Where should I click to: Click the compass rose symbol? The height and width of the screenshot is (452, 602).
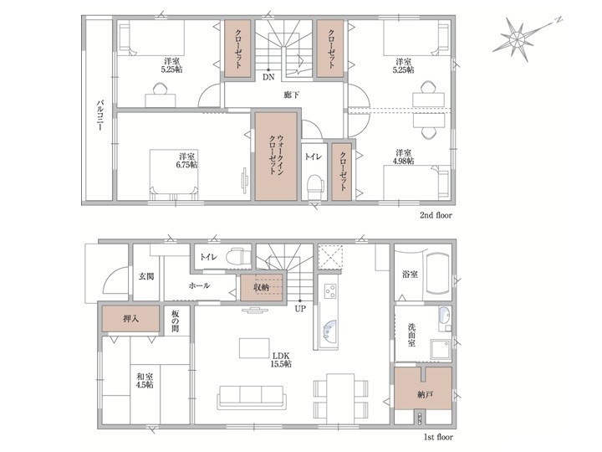[x=518, y=38]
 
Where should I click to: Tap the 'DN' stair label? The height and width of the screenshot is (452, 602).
[x=268, y=77]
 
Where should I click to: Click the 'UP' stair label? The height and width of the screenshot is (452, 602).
[x=300, y=308]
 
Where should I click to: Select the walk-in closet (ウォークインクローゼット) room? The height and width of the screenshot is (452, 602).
[x=277, y=157]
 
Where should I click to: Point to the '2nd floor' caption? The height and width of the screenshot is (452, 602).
[x=436, y=215]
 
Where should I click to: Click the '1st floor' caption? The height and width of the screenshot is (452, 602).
[x=438, y=438]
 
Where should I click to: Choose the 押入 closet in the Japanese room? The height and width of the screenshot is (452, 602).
[x=130, y=319]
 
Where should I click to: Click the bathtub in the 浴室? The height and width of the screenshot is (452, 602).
[x=437, y=274]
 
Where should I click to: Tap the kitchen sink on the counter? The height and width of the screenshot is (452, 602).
[x=329, y=329]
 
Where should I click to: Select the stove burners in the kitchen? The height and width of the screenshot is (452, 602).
[x=329, y=290]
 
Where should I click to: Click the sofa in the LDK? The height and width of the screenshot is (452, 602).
[x=251, y=398]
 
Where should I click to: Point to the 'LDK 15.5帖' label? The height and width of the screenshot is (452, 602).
[x=281, y=359]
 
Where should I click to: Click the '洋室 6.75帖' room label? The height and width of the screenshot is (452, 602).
[x=188, y=161]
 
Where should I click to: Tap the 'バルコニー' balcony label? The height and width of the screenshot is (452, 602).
[x=99, y=116]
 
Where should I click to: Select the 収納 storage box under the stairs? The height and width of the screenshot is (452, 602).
[x=262, y=287]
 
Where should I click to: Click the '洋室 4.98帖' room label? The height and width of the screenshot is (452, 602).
[x=404, y=157]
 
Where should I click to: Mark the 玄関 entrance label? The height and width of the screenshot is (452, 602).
[x=145, y=276]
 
